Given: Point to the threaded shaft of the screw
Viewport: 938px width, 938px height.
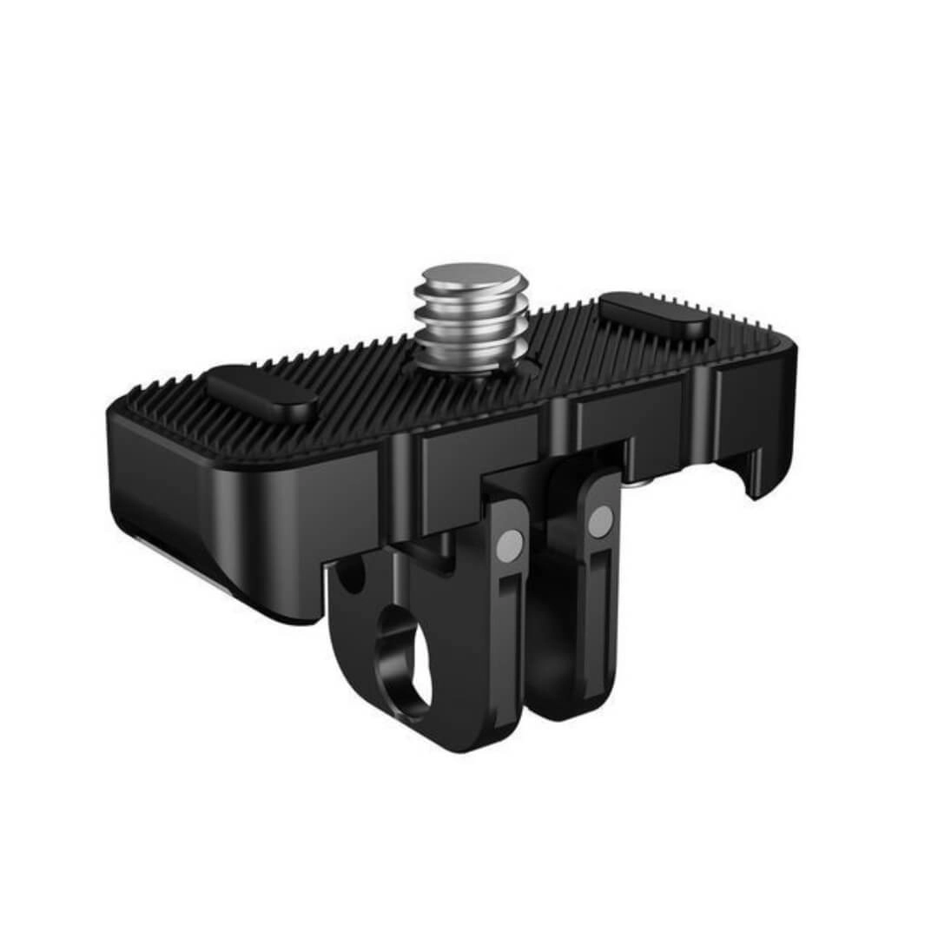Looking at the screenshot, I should point(470,326).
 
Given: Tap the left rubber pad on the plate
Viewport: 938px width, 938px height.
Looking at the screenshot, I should point(261,393).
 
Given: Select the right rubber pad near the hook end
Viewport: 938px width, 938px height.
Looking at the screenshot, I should point(653,315).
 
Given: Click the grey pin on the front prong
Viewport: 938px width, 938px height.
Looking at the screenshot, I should point(511,544).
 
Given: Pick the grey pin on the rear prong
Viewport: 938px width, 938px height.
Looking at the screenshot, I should point(599,521).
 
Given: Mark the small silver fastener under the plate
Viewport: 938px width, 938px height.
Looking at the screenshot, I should point(640,480).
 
